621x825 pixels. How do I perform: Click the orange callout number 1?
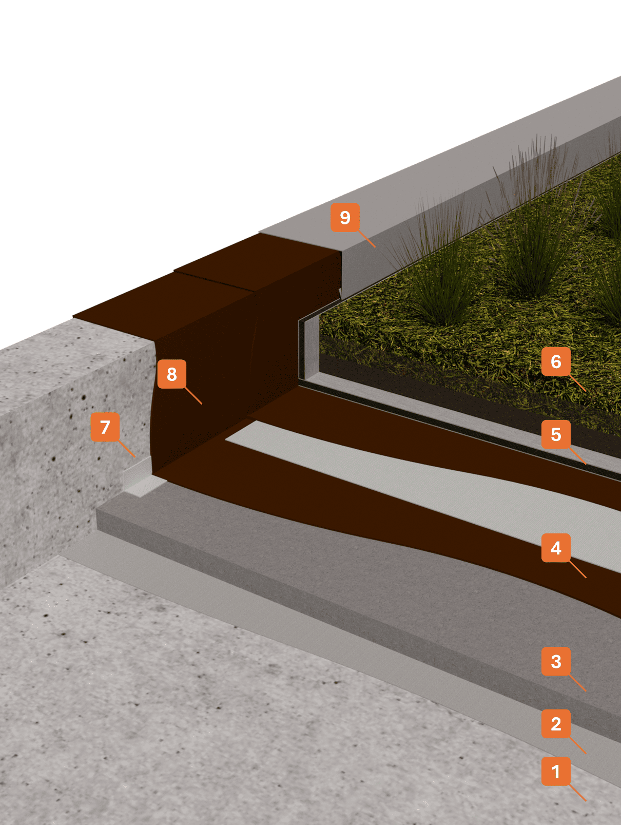pyautogui.click(x=556, y=771)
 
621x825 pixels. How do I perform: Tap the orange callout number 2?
pyautogui.click(x=556, y=723)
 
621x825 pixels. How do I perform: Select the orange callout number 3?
pyautogui.click(x=556, y=661)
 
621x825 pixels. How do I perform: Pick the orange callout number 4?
pyautogui.click(x=556, y=548)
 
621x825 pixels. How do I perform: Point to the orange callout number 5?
pyautogui.click(x=556, y=434)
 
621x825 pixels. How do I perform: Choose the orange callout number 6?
pyautogui.click(x=556, y=361)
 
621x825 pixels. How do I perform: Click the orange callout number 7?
pyautogui.click(x=105, y=427)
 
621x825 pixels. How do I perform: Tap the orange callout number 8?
pyautogui.click(x=171, y=374)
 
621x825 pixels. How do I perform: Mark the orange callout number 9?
pyautogui.click(x=345, y=217)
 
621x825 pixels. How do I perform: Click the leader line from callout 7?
pyautogui.click(x=127, y=448)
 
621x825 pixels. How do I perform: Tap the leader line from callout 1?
pyautogui.click(x=577, y=793)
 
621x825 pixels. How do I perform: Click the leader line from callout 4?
pyautogui.click(x=577, y=570)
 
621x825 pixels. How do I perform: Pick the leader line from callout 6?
pyautogui.click(x=577, y=383)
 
